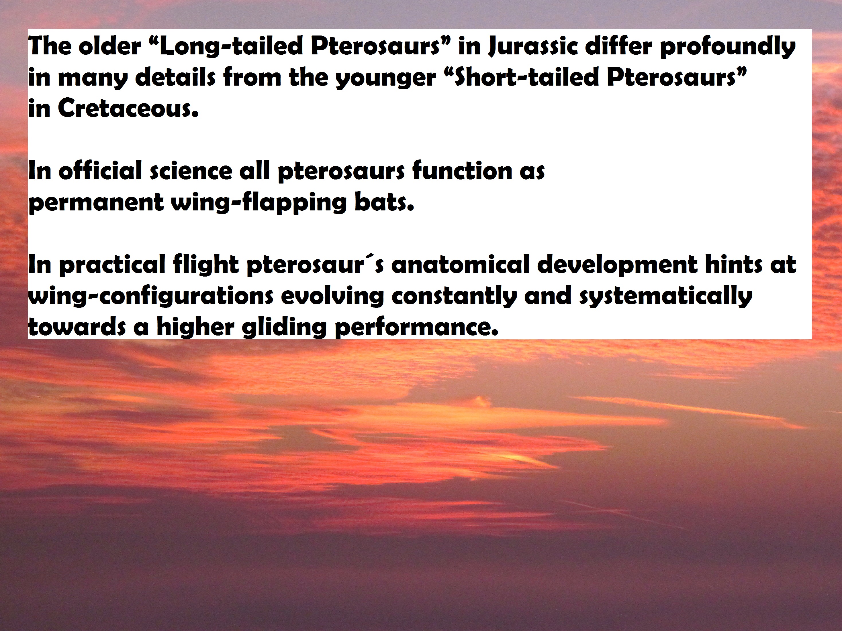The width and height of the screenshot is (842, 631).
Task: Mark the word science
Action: [191, 171]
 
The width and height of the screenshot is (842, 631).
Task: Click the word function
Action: [463, 171]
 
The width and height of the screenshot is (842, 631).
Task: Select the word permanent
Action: [96, 203]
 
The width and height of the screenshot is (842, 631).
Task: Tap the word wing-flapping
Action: [259, 203]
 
